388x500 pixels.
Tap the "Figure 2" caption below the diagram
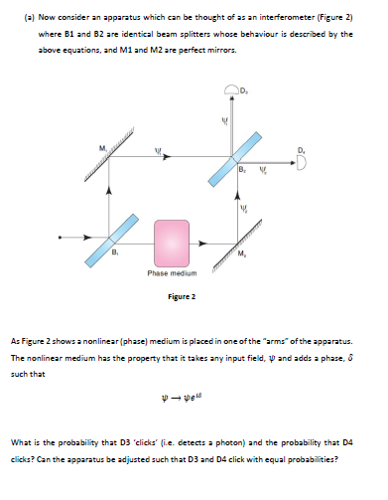coord(180,296)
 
